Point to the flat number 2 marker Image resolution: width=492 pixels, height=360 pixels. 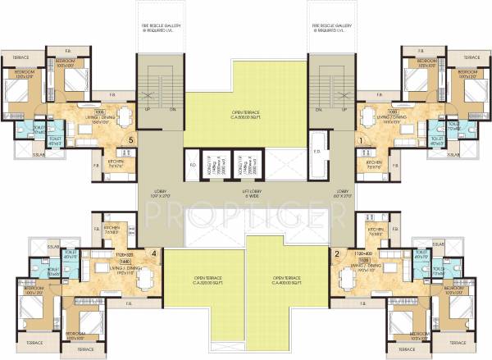click(337, 253)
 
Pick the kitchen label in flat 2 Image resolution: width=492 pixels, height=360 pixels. click(376, 233)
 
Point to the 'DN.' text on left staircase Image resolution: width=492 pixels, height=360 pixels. click(171, 109)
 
